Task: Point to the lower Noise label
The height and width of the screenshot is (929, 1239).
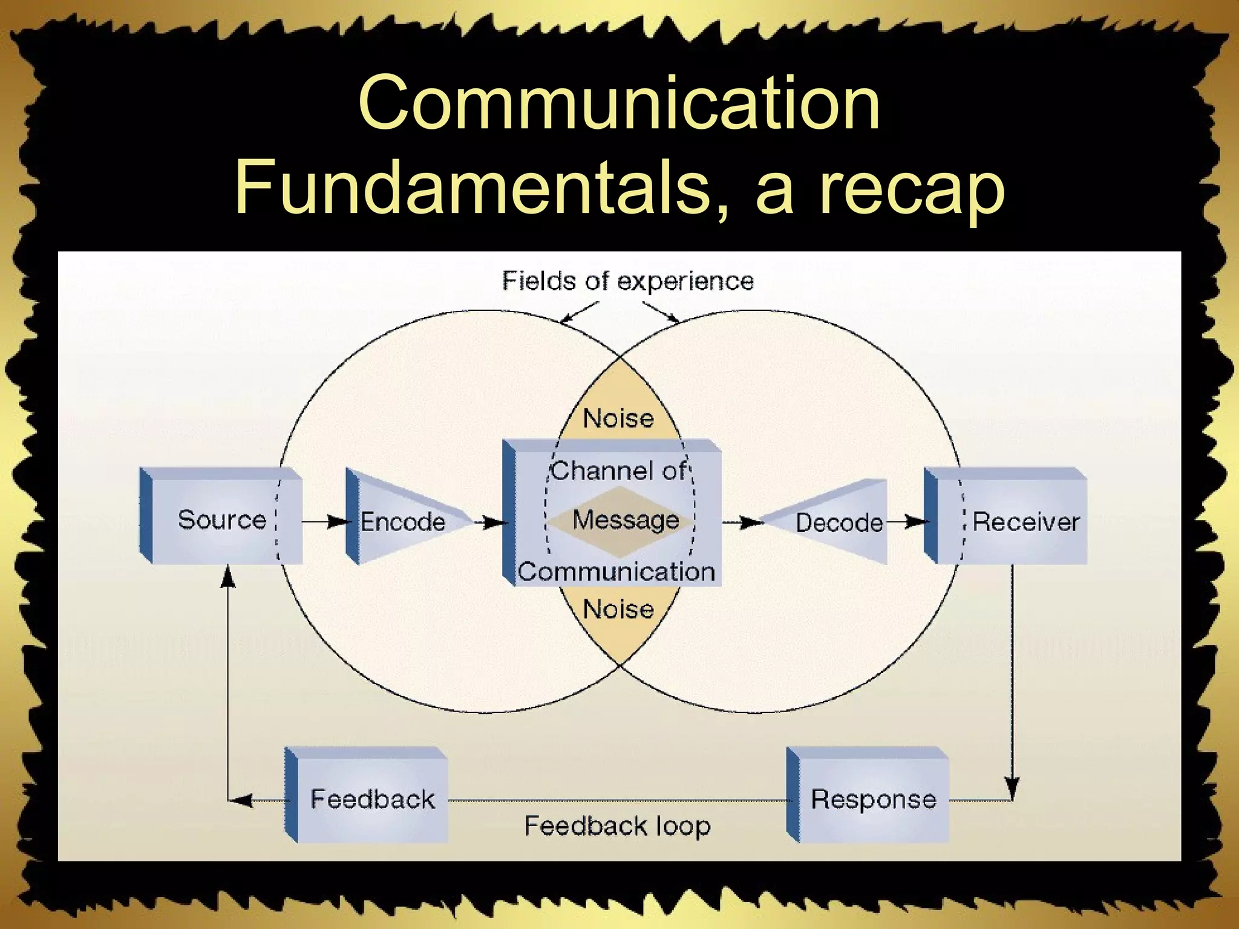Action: point(618,609)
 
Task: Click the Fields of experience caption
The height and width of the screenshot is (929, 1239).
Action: point(627,281)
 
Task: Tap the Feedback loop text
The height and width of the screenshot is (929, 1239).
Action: point(617,826)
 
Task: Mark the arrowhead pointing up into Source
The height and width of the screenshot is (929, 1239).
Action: point(227,577)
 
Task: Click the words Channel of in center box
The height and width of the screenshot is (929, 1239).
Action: point(618,471)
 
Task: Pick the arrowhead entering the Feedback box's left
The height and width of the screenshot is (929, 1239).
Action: point(242,801)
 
